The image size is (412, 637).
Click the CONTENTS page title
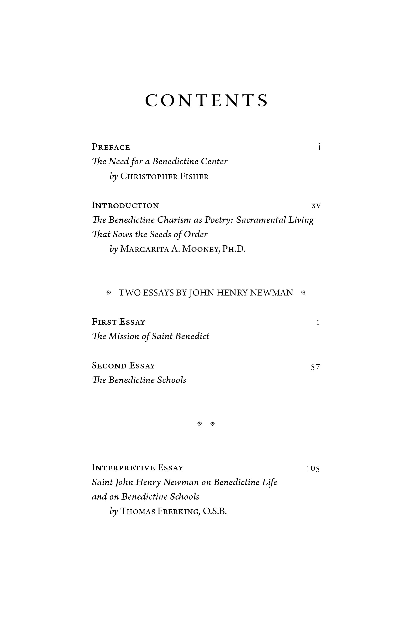click(206, 101)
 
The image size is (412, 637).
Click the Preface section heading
click(111, 147)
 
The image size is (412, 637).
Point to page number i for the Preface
click(319, 147)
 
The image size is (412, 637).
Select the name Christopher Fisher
click(164, 177)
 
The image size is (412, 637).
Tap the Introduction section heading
click(125, 206)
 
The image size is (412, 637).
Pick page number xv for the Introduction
click(316, 206)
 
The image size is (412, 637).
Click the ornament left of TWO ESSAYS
click(109, 293)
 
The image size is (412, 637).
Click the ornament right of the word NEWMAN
click(303, 293)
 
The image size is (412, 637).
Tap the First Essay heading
click(119, 322)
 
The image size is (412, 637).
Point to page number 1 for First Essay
click(318, 322)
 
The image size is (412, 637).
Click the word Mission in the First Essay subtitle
click(124, 336)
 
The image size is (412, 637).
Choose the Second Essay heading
click(123, 366)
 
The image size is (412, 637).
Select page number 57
click(315, 367)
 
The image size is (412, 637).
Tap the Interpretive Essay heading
click(138, 468)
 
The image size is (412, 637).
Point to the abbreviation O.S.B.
click(214, 512)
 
